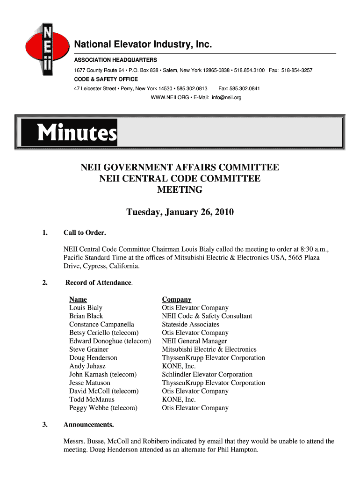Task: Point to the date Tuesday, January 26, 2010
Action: click(180, 213)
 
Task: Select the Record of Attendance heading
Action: click(99, 283)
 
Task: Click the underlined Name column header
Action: click(78, 299)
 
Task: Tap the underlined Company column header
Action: click(176, 299)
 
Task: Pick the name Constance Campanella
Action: click(101, 324)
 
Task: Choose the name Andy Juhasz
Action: click(87, 366)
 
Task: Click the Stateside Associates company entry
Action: click(190, 324)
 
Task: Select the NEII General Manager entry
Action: click(194, 341)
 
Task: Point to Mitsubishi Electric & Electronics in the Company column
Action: click(209, 349)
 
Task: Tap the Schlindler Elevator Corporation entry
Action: click(207, 374)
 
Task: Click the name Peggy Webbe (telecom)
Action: click(103, 408)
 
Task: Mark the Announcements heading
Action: click(88, 425)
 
